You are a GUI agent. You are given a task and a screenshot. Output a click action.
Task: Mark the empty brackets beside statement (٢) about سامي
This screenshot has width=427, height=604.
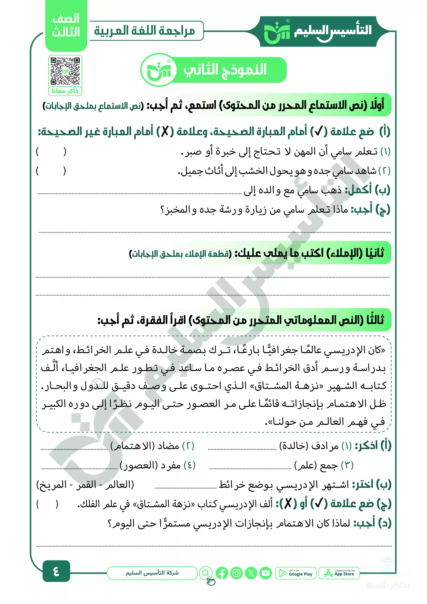pos(51,171)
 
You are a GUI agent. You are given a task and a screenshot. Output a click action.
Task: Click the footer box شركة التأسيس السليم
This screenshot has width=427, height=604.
pos(152,573)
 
